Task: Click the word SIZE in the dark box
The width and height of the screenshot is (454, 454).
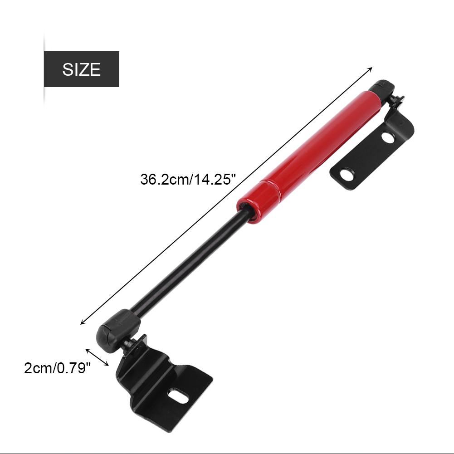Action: point(81,69)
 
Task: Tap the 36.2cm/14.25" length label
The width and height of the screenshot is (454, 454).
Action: point(188,180)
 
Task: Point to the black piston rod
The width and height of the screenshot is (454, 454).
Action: point(190,263)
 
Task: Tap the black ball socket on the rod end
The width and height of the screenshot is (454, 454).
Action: point(117,327)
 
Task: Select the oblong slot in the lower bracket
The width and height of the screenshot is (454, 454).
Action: point(178,395)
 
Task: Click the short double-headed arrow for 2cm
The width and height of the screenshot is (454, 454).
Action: point(97,356)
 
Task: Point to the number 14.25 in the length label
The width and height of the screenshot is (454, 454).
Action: point(218,180)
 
